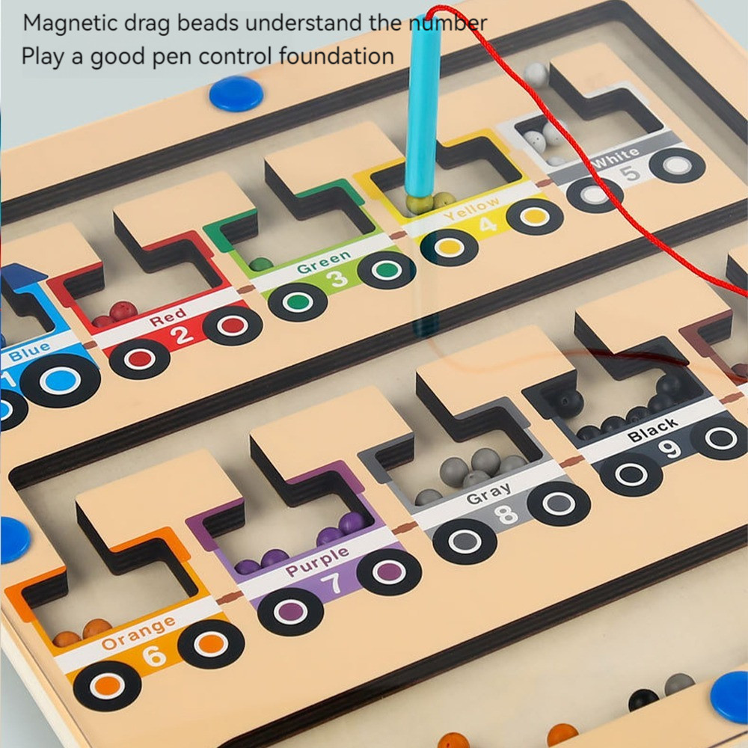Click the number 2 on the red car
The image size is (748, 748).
[x=183, y=336]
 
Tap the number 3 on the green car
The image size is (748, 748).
[x=339, y=278]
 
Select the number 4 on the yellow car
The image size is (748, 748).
[x=487, y=224]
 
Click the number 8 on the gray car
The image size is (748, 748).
[x=506, y=515]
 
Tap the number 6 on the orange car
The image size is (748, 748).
[x=154, y=655]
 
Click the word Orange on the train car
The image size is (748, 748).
[x=139, y=633]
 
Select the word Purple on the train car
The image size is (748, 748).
[x=316, y=562]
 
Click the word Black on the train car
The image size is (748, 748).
[x=653, y=430]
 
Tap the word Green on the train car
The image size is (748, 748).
[x=323, y=262]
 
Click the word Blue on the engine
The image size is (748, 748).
[x=29, y=350]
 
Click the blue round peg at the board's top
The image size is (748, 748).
[x=236, y=94]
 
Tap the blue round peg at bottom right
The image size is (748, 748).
[x=730, y=696]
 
